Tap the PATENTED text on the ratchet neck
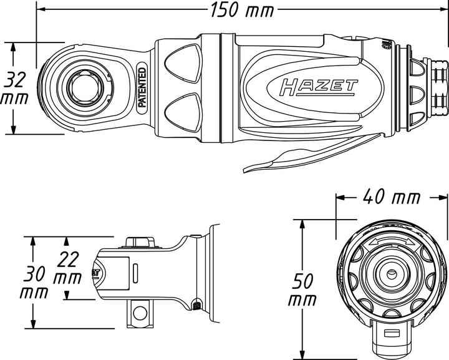click(142, 87)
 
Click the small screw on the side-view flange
click(197, 305)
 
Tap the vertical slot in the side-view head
click(135, 275)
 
